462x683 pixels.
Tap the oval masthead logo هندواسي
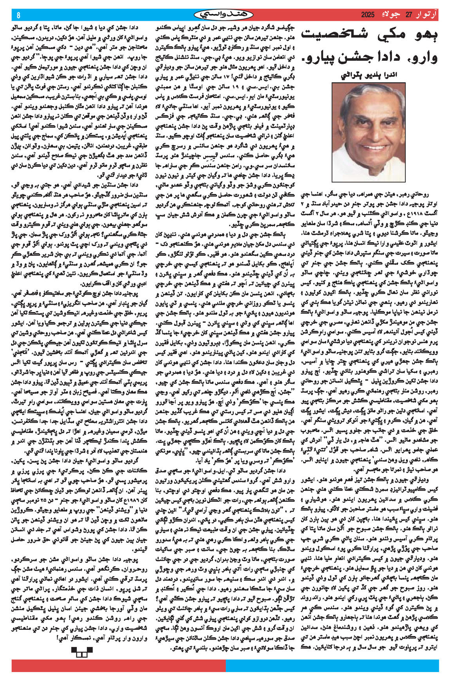click(x=224, y=15)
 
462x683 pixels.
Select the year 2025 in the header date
click(x=368, y=15)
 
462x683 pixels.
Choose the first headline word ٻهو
click(x=425, y=35)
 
